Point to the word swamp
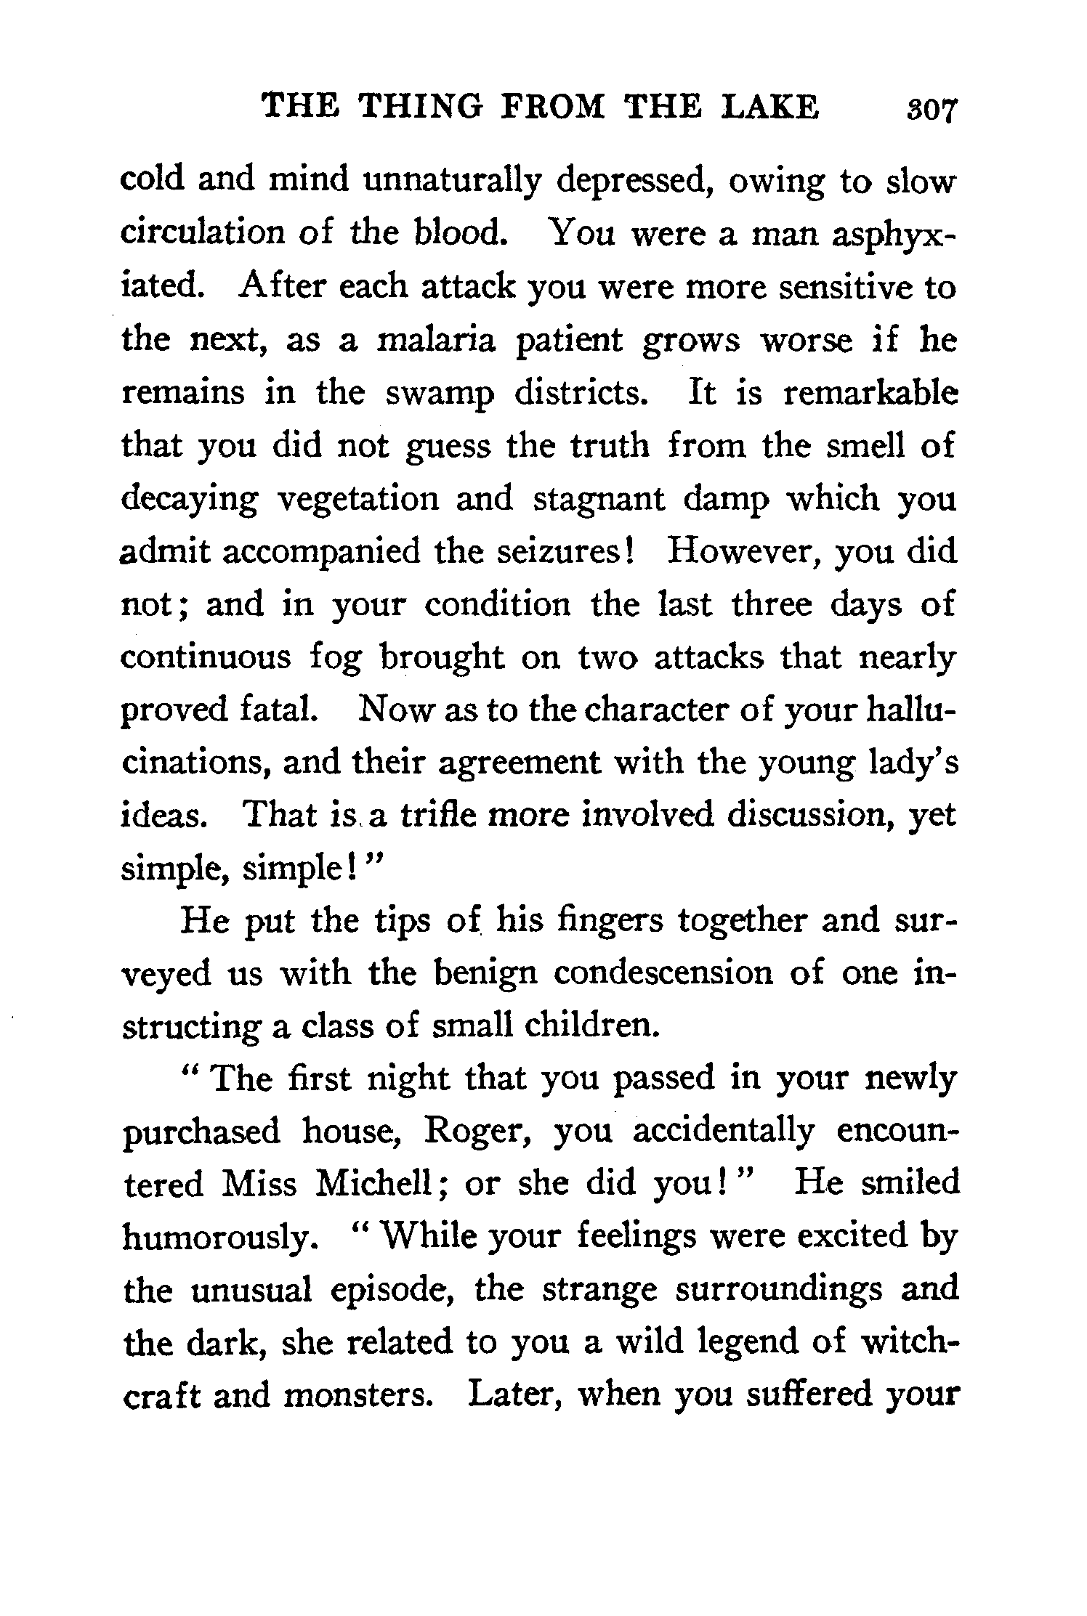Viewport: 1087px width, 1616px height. pyautogui.click(x=439, y=392)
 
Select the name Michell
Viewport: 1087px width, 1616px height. pyautogui.click(x=383, y=1185)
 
